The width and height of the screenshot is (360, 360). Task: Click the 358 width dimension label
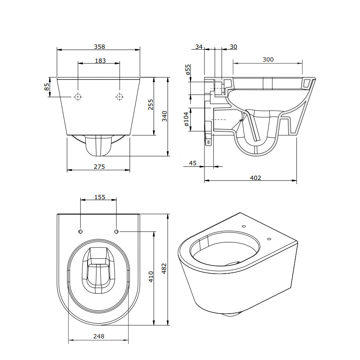point(100,47)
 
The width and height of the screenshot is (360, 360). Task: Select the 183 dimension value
point(100,61)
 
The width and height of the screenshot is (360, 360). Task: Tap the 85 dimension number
point(47,86)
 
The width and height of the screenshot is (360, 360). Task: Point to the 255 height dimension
point(150,104)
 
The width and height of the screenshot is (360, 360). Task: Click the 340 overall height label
point(164,116)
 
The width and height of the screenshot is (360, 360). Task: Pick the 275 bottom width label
point(99,166)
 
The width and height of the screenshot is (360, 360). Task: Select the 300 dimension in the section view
point(268,60)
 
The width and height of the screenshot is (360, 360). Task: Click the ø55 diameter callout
point(188,70)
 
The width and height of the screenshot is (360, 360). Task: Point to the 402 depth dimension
point(256,178)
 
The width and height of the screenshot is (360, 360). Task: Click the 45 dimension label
point(193,163)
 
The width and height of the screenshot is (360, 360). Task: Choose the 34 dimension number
point(199,47)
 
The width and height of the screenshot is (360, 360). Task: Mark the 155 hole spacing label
point(100,197)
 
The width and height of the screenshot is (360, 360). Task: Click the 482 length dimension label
point(164,268)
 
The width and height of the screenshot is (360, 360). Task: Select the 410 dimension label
point(151,277)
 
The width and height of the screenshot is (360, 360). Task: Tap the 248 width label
point(99,336)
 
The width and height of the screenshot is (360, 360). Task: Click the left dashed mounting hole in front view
point(78,97)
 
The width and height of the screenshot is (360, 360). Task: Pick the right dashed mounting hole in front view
point(119,97)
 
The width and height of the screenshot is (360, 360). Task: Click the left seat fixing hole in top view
point(80,232)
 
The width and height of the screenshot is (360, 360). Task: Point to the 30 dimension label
point(233,47)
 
